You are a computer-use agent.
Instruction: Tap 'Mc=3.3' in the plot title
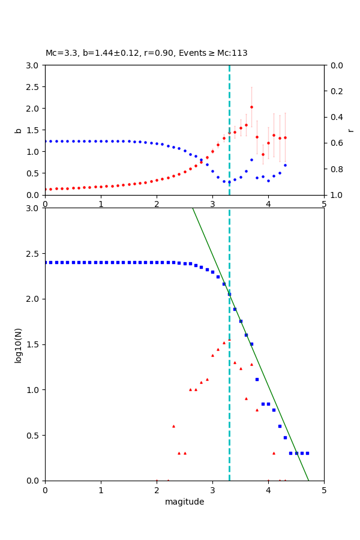59,53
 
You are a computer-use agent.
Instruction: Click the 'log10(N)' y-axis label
18,344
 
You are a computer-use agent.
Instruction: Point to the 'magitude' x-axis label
184,502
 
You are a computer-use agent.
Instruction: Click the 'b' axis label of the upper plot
18,130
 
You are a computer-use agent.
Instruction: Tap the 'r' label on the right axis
351,130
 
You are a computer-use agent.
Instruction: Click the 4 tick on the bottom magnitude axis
268,490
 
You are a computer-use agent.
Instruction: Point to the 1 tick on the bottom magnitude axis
101,490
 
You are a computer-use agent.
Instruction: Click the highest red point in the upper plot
251,107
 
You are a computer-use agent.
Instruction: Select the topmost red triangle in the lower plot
229,340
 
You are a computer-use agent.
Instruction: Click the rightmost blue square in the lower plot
307,453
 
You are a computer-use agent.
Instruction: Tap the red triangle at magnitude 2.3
173,426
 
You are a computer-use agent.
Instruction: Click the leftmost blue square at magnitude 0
45,262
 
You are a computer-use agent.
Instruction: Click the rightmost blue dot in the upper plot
285,165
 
